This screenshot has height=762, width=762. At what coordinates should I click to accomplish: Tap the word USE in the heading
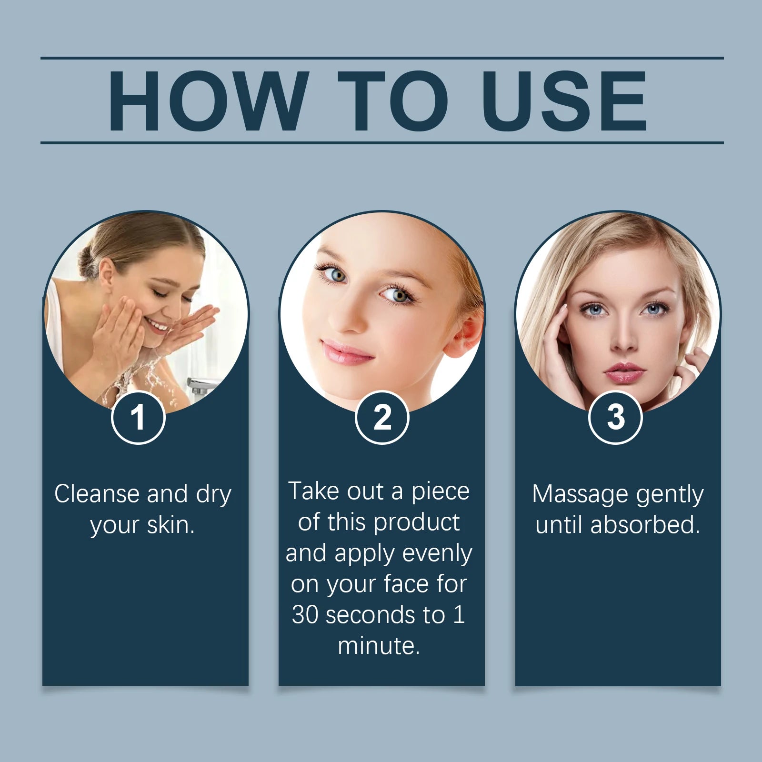coord(565,100)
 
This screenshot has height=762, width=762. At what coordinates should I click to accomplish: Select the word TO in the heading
coord(393,100)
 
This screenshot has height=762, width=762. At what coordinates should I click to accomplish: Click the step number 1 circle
coord(138,418)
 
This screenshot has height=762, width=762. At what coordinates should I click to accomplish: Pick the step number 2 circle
coord(382,418)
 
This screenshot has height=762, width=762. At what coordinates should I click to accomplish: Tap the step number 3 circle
coord(616,418)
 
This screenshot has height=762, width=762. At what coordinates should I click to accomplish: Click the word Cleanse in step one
coord(97,493)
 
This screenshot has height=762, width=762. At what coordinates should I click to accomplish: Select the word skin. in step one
coord(171,525)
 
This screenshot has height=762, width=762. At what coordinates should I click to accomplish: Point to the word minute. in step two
coord(379,646)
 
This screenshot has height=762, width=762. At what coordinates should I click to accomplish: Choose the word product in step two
coord(417,523)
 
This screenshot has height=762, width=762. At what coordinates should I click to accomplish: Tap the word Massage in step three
coord(580,494)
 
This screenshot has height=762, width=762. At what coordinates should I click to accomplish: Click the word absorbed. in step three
coord(645,525)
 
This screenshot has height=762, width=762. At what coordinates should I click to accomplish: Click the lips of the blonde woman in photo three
coord(624,372)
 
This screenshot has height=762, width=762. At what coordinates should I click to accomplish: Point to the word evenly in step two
coord(437,554)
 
